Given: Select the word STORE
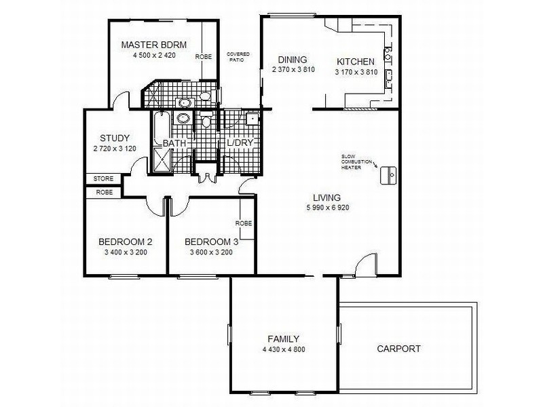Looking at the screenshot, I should [103, 179].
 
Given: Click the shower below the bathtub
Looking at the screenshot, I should [162, 162].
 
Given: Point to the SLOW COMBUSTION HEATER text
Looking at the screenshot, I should [357, 163].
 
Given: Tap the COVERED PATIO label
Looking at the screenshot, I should [238, 56].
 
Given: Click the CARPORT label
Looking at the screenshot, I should [398, 349].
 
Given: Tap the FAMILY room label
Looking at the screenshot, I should [284, 339].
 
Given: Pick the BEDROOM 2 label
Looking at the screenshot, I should [125, 241].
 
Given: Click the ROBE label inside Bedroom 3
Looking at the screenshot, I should [244, 223].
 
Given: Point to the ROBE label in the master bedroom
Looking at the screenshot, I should [203, 58].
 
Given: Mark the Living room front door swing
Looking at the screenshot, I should [364, 264].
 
